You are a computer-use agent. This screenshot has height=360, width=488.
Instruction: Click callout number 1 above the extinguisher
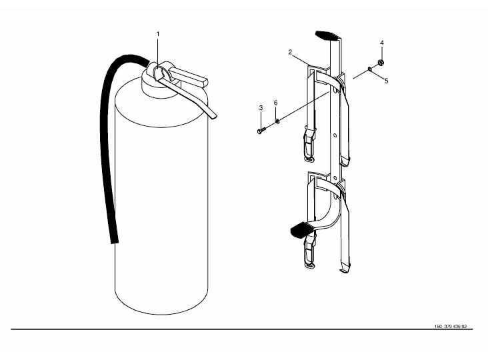click(158, 34)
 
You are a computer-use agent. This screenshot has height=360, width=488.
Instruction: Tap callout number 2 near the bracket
click(290, 52)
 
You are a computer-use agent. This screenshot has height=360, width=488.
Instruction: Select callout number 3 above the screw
click(261, 107)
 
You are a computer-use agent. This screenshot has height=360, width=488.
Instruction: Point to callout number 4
click(382, 43)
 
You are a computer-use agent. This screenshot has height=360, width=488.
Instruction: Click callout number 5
click(386, 81)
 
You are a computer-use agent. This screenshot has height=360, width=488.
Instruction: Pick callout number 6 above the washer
click(275, 103)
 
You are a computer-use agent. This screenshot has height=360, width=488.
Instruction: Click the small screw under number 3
click(261, 130)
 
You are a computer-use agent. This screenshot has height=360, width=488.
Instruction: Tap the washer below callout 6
click(277, 121)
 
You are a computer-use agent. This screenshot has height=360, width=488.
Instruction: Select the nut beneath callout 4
click(381, 63)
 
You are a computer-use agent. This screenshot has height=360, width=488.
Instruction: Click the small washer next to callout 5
click(369, 69)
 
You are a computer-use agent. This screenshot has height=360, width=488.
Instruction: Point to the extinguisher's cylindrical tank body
click(161, 199)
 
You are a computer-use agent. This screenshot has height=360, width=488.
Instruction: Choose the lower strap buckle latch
click(309, 251)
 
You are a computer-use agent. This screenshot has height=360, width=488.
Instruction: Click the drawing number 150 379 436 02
click(451, 327)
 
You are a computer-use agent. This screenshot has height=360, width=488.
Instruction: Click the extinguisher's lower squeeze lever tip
click(213, 115)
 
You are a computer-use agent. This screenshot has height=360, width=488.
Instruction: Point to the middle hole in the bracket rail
click(335, 135)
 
